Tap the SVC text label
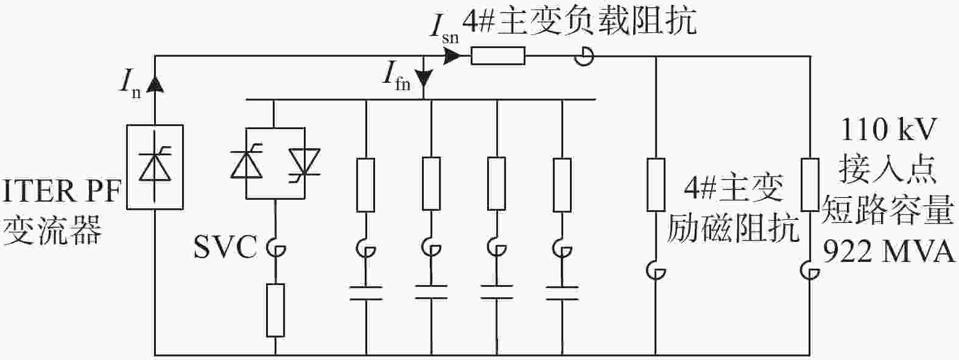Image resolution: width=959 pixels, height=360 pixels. point(225,247)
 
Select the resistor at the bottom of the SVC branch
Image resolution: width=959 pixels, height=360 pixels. point(275,310)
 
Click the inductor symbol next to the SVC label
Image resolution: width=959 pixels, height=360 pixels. point(277,249)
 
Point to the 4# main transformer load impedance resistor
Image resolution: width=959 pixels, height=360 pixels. point(498,56)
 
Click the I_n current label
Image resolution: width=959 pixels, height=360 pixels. point(130,85)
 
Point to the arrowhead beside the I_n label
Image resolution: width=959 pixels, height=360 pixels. point(155,83)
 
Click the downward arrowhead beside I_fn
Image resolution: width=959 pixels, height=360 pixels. point(424,80)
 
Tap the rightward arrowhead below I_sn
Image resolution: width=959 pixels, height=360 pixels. point(452,56)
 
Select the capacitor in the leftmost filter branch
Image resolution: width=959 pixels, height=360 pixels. point(366,293)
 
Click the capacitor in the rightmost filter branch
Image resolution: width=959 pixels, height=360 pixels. point(562,293)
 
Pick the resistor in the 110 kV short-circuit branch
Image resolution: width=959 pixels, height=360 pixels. point(810,185)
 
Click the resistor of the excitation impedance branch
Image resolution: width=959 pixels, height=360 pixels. point(655,185)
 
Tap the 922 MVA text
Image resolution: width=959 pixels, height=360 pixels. point(889,252)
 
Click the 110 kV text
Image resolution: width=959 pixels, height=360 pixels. point(888,129)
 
